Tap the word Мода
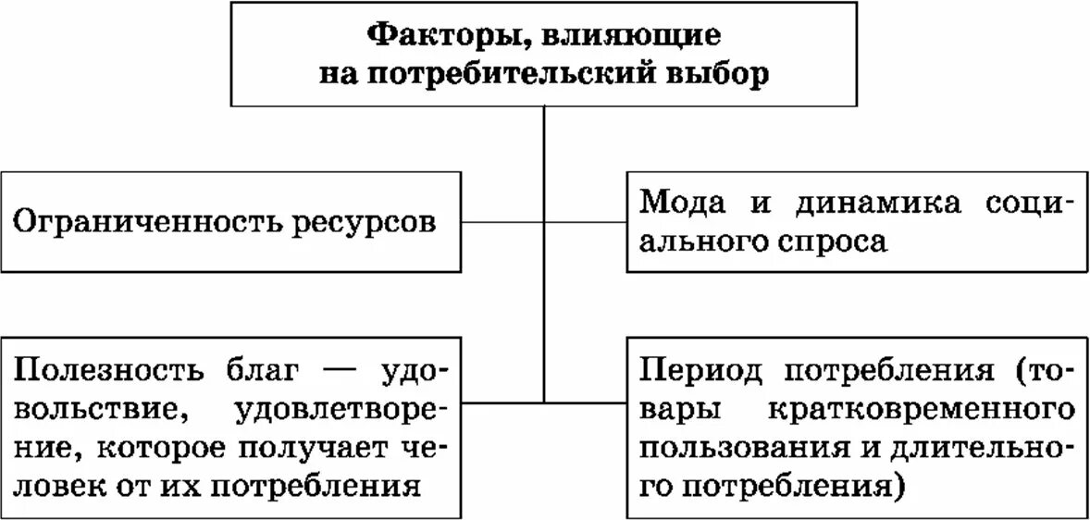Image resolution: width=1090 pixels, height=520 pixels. tap(685, 202)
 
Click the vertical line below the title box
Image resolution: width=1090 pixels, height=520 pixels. tap(544, 148)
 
